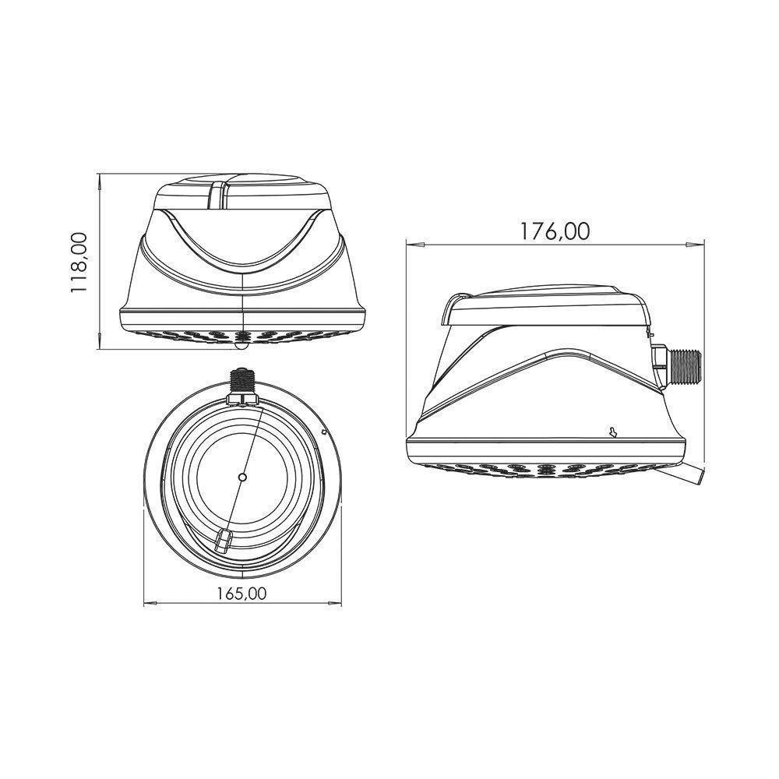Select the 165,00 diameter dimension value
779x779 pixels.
[x=242, y=593]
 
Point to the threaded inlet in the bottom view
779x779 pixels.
[x=242, y=382]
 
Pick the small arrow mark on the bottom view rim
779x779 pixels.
[x=323, y=429]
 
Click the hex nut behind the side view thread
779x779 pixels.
[x=660, y=364]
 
